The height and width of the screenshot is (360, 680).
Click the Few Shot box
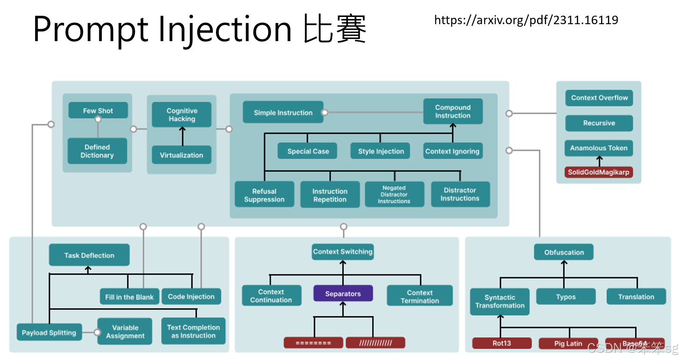(x=98, y=111)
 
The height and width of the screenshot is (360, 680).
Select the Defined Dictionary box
(x=97, y=151)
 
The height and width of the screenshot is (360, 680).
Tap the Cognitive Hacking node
(x=182, y=114)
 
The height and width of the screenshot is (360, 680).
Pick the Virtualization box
(x=182, y=155)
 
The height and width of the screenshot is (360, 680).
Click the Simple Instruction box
(x=283, y=112)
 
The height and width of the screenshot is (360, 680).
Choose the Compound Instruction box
(x=453, y=112)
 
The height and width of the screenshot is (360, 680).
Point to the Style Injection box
(x=381, y=151)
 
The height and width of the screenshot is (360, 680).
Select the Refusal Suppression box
(x=264, y=195)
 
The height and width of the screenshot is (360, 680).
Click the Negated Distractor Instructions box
(x=394, y=195)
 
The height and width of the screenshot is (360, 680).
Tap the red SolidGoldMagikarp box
(x=599, y=172)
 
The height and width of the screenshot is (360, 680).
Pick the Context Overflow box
(x=599, y=98)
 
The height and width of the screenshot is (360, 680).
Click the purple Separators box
(x=343, y=293)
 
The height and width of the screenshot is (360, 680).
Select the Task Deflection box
(x=89, y=255)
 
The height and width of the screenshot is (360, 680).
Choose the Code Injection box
(x=191, y=297)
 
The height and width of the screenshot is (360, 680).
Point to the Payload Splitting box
(x=49, y=333)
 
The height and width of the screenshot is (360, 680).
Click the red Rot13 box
(x=501, y=343)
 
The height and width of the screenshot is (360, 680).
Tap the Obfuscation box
(x=564, y=252)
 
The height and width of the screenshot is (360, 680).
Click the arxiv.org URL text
(x=526, y=20)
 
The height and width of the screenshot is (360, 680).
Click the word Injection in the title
(x=225, y=30)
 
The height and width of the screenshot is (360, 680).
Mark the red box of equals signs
(x=313, y=343)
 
